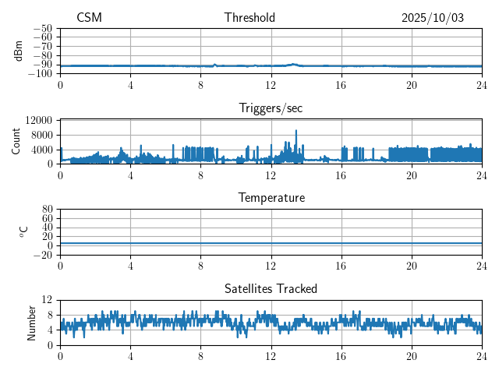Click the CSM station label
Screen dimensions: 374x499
coord(89,18)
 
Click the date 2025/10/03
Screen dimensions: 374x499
coord(433,18)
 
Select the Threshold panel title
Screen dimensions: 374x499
coord(249,18)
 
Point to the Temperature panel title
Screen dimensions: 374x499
coord(271,198)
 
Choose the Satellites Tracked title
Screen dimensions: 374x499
coord(271,288)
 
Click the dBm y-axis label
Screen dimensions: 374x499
coord(19,51)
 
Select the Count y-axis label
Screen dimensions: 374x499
coord(16,141)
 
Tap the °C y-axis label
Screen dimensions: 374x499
coord(23,231)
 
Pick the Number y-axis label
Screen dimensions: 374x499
coord(32,322)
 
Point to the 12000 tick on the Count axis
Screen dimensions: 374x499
coord(39,120)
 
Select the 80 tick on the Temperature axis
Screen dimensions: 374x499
coord(47,210)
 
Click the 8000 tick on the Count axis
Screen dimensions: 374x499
coord(41,135)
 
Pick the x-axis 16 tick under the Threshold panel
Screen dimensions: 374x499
coord(342,84)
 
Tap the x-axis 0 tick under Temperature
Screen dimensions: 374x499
coord(60,265)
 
